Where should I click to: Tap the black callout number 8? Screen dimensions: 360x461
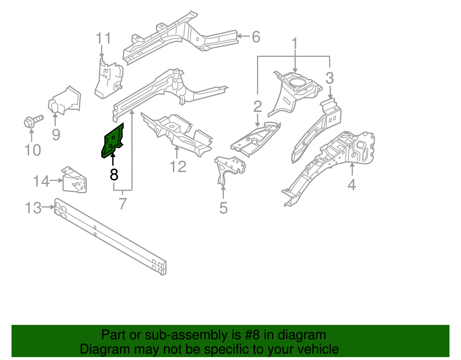click(114, 175)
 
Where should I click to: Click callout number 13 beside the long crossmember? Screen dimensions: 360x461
click(33, 208)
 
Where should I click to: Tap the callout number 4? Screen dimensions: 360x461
click(352, 184)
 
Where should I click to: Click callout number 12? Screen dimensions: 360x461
click(178, 167)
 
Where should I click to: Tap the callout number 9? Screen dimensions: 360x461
click(56, 134)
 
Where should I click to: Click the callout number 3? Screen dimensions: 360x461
click(330, 78)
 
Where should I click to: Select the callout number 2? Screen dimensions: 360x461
click(258, 107)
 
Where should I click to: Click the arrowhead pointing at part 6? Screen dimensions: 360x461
click(239, 36)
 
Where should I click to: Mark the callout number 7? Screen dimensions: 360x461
click(123, 204)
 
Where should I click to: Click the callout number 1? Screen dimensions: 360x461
click(294, 44)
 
